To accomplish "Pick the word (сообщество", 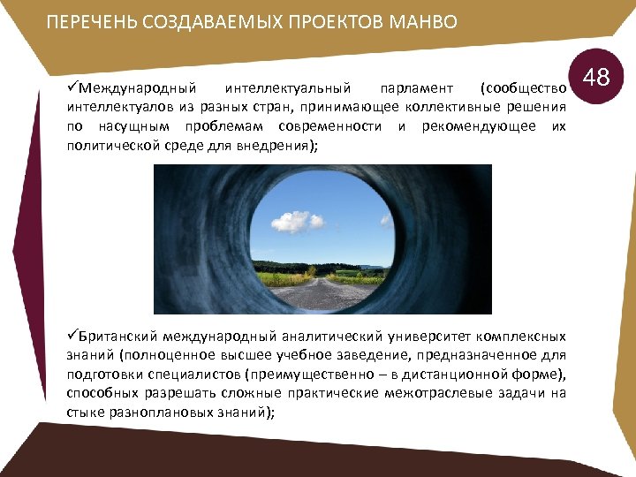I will point(522,89).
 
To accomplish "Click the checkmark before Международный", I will point(73,88).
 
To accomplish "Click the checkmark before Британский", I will point(73,336).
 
